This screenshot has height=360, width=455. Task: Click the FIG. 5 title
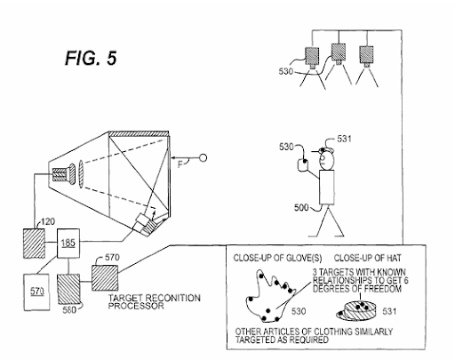click(x=91, y=58)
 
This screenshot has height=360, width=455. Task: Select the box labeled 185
click(x=68, y=244)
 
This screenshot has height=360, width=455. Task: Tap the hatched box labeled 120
click(x=35, y=244)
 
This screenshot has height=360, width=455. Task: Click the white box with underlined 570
click(x=36, y=292)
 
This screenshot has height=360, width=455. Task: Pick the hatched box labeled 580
click(x=68, y=289)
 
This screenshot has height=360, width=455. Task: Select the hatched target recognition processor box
click(x=105, y=277)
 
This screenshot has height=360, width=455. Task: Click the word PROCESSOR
click(x=136, y=306)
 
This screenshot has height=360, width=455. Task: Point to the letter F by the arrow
click(x=180, y=164)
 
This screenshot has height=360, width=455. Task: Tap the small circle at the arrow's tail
click(x=203, y=158)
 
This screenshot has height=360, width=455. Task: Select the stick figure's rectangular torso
click(x=327, y=188)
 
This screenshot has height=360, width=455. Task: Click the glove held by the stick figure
click(x=302, y=164)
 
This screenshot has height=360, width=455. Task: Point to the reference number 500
click(x=301, y=207)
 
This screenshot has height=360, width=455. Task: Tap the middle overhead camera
click(x=339, y=53)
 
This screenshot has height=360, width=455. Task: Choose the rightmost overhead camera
click(x=366, y=56)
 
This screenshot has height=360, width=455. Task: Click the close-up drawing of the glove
click(x=269, y=296)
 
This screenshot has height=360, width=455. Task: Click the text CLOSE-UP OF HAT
click(x=367, y=259)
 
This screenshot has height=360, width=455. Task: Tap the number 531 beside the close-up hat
click(x=389, y=311)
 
